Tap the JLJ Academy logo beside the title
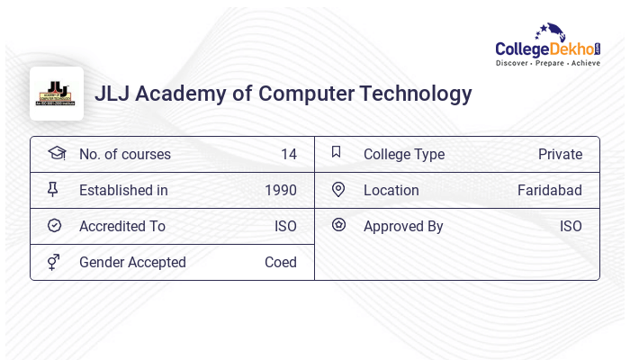pos(57,94)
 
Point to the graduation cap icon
pos(56,153)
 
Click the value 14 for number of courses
pos(288,154)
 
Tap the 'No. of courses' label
pos(125,154)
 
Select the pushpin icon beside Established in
pos(53,189)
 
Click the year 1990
pos(281,190)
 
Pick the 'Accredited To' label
pos(122,226)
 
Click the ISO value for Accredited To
pos(285,226)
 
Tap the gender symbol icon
pos(53,262)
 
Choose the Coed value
pos(280,262)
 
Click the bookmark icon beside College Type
pos(337,152)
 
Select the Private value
pos(560,154)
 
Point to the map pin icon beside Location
pos(337,189)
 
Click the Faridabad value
pos(549,190)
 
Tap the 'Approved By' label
pos(403,226)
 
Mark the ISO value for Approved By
pos(571,226)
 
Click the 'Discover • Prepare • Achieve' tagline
pos(547,64)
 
